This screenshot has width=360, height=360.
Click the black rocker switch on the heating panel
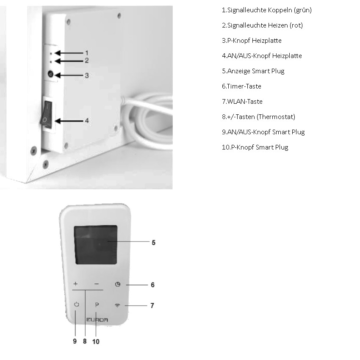47,114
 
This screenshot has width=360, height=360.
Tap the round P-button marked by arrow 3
50,74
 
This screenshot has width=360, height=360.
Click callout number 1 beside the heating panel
87,53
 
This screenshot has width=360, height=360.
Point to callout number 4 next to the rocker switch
87,121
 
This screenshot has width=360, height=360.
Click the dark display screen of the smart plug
96,245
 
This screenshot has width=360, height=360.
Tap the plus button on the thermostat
75,284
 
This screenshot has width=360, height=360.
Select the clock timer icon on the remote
118,285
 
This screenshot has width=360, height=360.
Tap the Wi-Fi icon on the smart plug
117,305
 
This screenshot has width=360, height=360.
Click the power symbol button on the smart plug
77,305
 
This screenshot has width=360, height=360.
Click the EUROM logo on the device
97,320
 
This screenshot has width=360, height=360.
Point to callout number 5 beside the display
154,243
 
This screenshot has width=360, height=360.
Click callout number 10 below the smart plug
96,342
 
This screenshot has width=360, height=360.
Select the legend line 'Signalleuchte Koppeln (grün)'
267,10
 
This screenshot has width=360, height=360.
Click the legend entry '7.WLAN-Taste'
242,102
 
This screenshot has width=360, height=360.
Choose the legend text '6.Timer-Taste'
241,86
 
